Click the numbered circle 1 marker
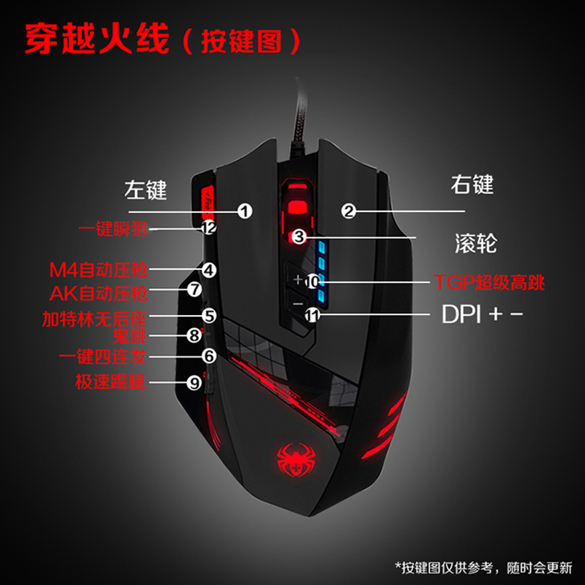click(x=244, y=211)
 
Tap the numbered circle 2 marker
click(x=348, y=211)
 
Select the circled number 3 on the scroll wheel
click(x=298, y=237)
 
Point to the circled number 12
click(x=209, y=228)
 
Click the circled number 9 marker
click(x=194, y=383)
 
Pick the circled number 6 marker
click(x=209, y=354)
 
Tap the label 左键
click(x=145, y=190)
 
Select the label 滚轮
click(x=471, y=242)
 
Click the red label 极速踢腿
click(x=110, y=382)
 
